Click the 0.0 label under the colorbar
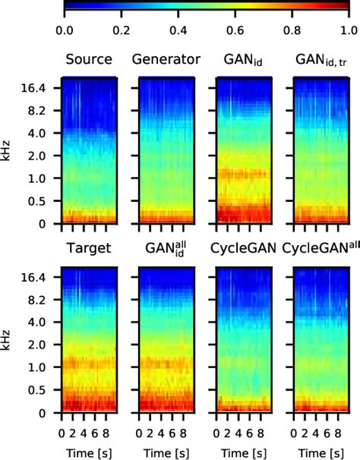pyautogui.click(x=65, y=30)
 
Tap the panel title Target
pyautogui.click(x=88, y=249)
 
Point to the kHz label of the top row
pyautogui.click(x=8, y=156)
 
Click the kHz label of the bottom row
pyautogui.click(x=8, y=345)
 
